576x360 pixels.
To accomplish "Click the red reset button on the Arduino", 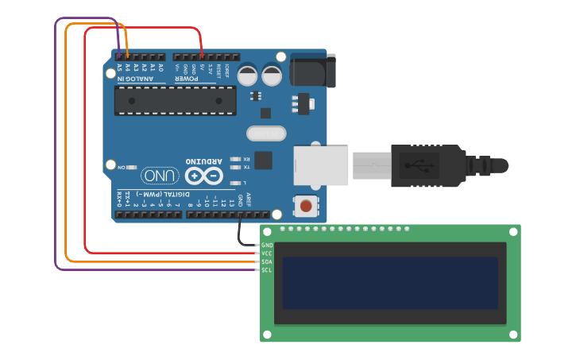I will pyautogui.click(x=306, y=207).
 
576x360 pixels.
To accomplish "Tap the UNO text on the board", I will pyautogui.click(x=160, y=175).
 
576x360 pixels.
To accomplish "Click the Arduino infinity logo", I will pyautogui.click(x=204, y=176).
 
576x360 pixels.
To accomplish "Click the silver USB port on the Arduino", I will pyautogui.click(x=322, y=165).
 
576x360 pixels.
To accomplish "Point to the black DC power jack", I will pyautogui.click(x=312, y=70).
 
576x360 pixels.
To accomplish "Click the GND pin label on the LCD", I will pyautogui.click(x=267, y=245).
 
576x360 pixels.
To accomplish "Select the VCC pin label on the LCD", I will pyautogui.click(x=267, y=254).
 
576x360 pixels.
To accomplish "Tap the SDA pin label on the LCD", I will pyautogui.click(x=267, y=261).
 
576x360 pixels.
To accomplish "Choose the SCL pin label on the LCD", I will pyautogui.click(x=267, y=270).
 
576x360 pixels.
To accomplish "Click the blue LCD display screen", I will pyautogui.click(x=390, y=283).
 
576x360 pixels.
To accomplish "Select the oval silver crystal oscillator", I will pyautogui.click(x=265, y=134).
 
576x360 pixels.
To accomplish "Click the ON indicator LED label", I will pyautogui.click(x=122, y=168).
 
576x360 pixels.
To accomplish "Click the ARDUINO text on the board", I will pyautogui.click(x=203, y=160).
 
